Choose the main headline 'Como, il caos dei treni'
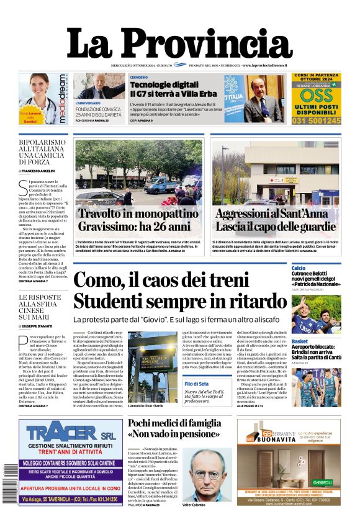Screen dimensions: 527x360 [161, 280]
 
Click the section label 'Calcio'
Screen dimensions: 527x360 [299, 268]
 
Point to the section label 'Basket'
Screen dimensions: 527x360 [300, 341]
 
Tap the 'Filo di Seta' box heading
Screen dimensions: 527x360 [198, 385]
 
